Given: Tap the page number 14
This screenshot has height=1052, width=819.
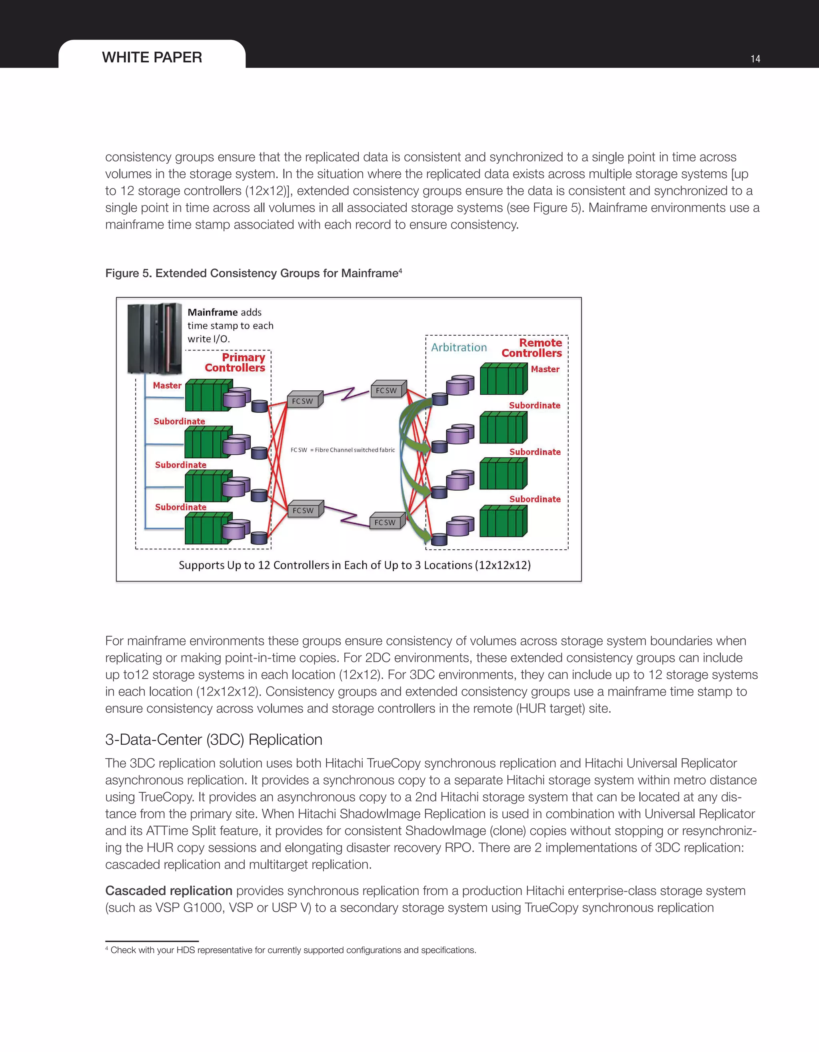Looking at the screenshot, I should (755, 59).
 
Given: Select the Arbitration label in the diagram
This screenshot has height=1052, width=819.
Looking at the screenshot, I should (458, 347).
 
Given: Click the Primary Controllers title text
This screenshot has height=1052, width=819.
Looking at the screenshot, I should (235, 362).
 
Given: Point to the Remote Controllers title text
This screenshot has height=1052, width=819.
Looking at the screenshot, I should (532, 348).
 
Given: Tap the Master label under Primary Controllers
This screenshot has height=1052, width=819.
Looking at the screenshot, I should (167, 385).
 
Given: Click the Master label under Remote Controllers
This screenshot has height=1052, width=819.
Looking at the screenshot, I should (545, 369).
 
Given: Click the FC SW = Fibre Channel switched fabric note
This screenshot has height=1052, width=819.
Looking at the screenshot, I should (342, 450).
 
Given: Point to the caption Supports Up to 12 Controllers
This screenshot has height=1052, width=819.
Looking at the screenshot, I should (354, 565).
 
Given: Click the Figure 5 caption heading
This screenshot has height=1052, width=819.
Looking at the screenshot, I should (253, 273).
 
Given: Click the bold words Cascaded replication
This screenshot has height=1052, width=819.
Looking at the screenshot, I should (169, 890).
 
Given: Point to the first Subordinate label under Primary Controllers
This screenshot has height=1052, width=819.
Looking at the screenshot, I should (179, 421).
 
